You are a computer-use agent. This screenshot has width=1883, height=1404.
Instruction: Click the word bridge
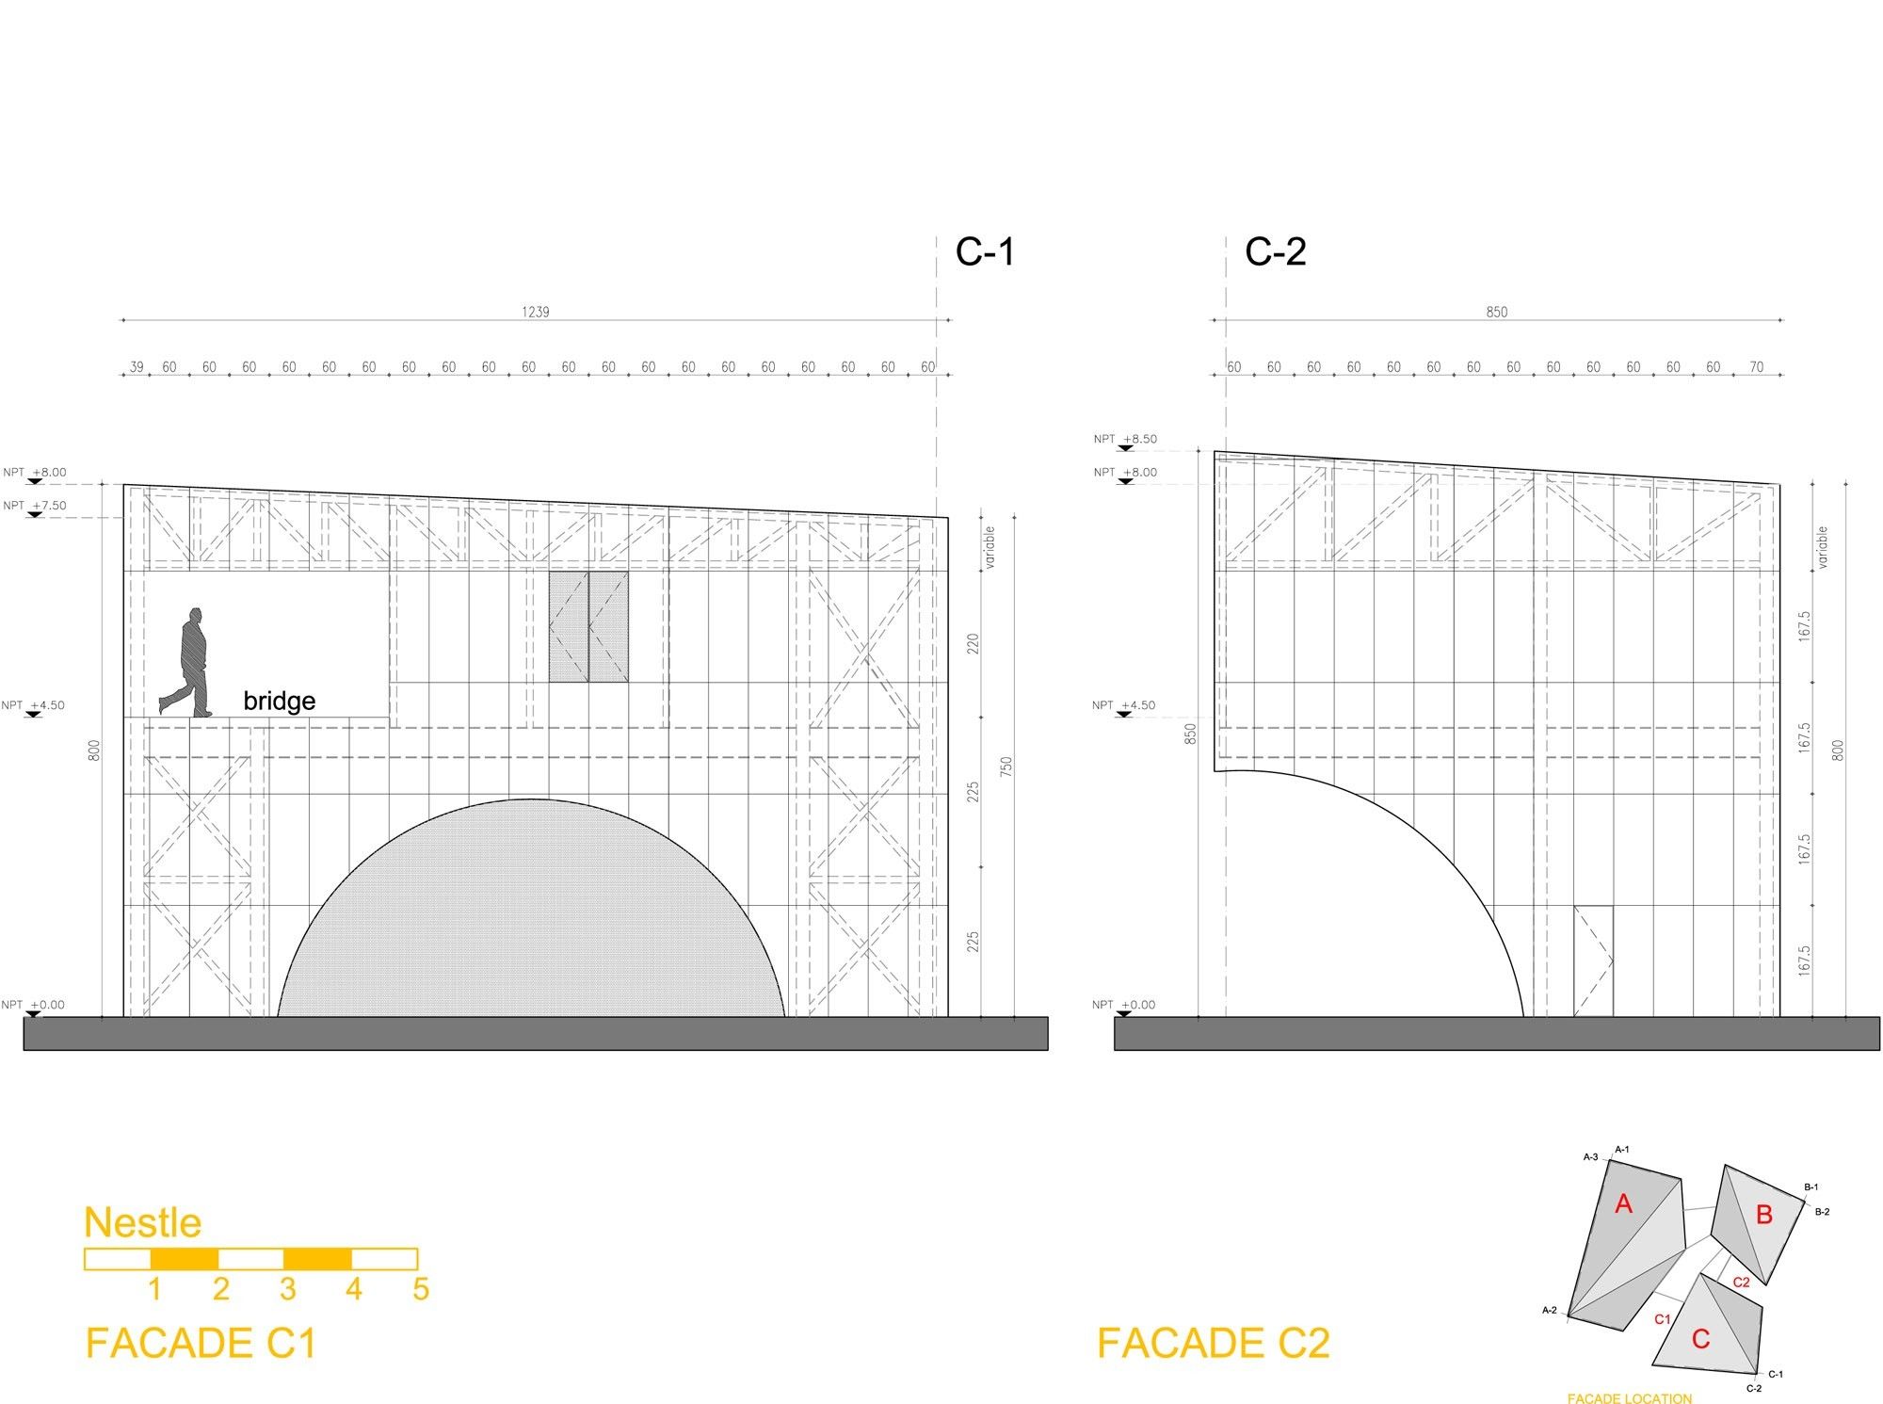pos(279,701)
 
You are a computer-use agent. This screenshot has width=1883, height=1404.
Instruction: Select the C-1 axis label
pos(985,251)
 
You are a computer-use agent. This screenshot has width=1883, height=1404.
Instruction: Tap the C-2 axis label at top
pos(1276,251)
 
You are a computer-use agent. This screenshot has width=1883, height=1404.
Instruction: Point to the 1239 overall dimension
pos(536,312)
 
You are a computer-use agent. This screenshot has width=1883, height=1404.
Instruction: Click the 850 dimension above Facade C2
pos(1496,312)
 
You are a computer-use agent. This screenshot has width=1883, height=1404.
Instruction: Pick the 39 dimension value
pos(137,367)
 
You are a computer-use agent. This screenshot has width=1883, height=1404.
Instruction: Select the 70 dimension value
pos(1757,367)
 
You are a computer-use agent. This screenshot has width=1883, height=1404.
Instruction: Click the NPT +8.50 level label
pos(1125,440)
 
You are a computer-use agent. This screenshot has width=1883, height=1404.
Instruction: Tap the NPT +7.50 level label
pos(35,507)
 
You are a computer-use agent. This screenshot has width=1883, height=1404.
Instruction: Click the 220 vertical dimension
pos(974,644)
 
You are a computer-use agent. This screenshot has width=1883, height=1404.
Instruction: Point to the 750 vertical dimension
pos(1006,767)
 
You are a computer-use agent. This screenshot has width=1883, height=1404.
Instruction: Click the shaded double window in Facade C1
pos(589,626)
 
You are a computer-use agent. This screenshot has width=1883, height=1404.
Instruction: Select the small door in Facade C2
pos(1593,961)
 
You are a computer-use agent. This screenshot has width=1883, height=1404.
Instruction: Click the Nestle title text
pos(143,1222)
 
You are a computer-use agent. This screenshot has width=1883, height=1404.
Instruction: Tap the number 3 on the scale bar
pos(288,1288)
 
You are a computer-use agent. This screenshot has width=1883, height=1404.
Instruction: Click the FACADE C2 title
pos(1214,1343)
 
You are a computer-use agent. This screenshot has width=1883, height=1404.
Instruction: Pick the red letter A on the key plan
pos(1623,1203)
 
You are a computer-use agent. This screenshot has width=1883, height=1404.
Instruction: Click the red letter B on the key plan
pos(1764,1215)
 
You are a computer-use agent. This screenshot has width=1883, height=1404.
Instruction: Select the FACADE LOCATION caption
pos(1630,1398)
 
